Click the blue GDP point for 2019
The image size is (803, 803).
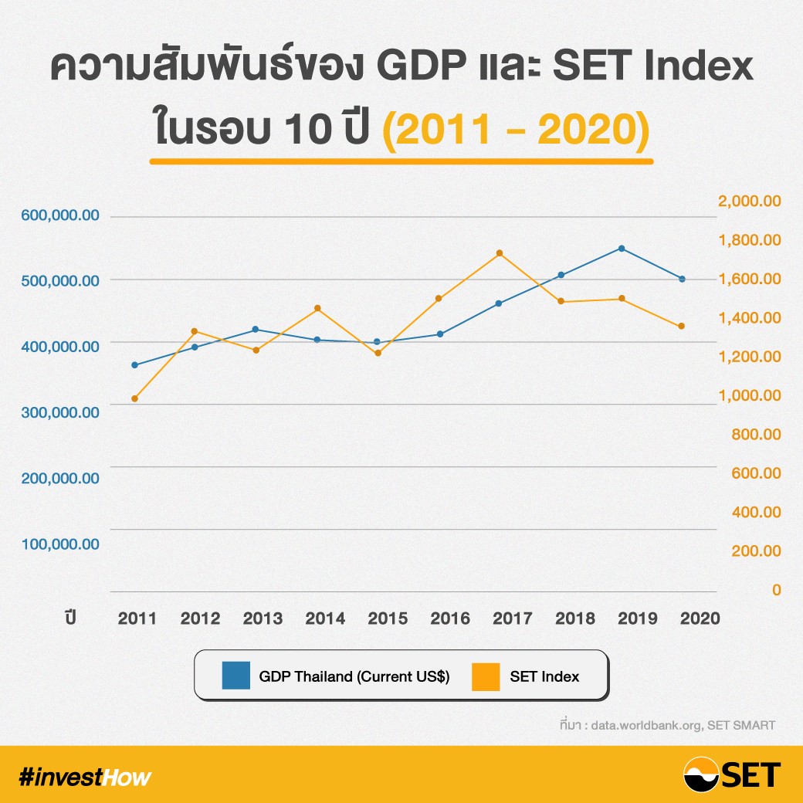click(621, 249)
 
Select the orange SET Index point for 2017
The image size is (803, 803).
click(500, 253)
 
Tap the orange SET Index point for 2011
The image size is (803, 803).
click(134, 398)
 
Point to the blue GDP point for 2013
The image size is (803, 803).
click(256, 330)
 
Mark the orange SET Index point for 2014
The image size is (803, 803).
click(317, 309)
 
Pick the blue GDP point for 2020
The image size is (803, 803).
click(682, 279)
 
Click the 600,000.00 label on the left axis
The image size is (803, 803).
click(59, 215)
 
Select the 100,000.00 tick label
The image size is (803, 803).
click(59, 544)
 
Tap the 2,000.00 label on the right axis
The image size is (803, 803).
click(750, 202)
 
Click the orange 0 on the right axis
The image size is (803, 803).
click(775, 590)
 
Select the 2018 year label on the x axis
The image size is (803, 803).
click(574, 618)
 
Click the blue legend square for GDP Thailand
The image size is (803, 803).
click(235, 676)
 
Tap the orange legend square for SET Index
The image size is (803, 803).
click(485, 676)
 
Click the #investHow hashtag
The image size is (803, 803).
click(85, 777)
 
